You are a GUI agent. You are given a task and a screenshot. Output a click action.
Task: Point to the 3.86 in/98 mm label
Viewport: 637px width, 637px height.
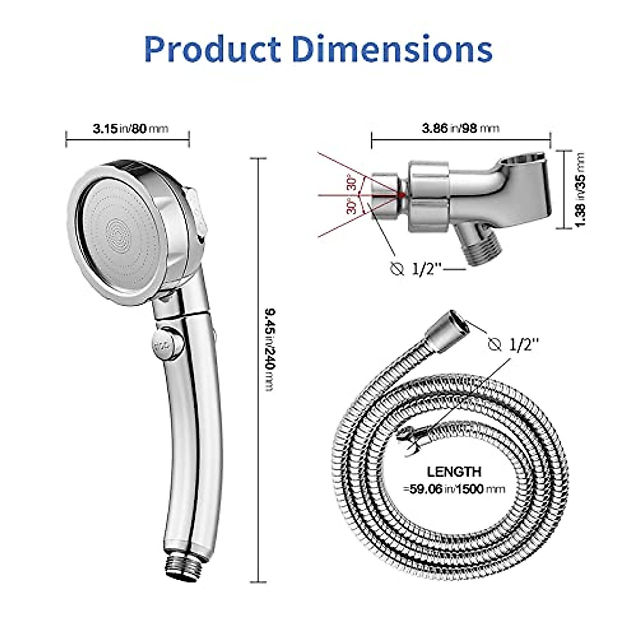460,128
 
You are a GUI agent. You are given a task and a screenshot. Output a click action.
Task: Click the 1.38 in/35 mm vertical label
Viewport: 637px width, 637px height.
580,190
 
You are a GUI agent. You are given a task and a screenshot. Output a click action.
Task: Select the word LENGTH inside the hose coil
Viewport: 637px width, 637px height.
454,471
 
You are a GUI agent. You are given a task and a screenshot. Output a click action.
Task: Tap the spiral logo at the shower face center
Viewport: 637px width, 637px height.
117,232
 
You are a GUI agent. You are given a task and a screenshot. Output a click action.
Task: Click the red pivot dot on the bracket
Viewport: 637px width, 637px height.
402,195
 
